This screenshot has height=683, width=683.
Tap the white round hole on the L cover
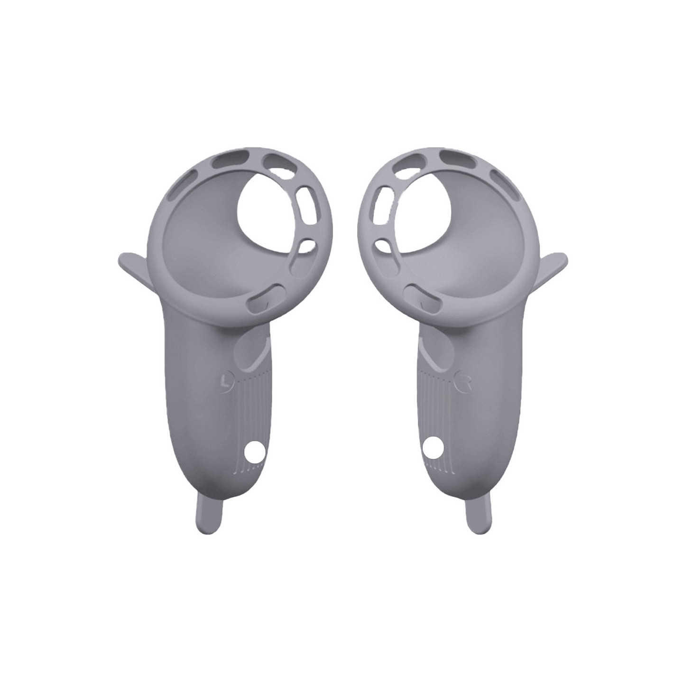pyautogui.click(x=255, y=452)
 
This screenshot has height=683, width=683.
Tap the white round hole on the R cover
pyautogui.click(x=434, y=447)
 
